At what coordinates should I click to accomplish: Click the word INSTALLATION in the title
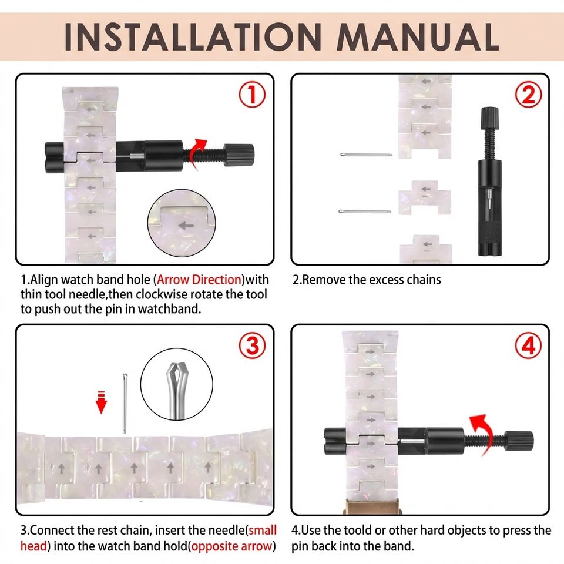pos(193,37)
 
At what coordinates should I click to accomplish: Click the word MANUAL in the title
pos(418,37)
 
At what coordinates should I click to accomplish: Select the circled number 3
pos(253,345)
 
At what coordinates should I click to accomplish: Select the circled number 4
pos(528,345)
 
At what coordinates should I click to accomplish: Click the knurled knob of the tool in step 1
pos(239,155)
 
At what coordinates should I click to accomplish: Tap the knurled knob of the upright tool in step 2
pos(489,118)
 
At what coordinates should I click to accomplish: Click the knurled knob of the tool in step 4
pos(519,441)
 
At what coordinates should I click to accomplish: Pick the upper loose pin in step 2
pos(366,155)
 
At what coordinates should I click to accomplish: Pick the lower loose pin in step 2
pos(365,211)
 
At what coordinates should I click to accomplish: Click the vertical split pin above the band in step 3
pos(125,403)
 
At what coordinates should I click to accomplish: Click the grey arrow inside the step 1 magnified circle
pos(186,226)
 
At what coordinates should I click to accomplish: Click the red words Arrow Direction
pos(199,280)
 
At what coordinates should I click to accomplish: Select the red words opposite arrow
pos(231,546)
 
